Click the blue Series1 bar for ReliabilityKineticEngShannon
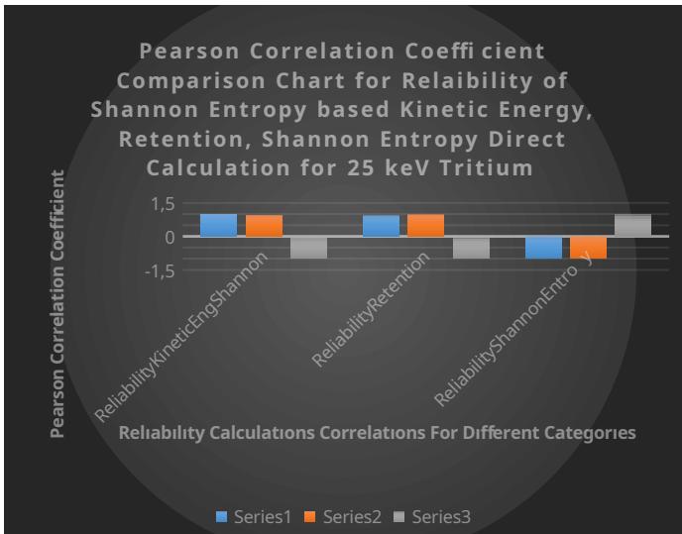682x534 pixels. tap(218, 225)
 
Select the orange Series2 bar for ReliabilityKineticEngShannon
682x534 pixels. tap(264, 225)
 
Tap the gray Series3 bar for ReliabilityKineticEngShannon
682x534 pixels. tap(308, 248)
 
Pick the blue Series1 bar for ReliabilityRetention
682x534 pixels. tap(381, 225)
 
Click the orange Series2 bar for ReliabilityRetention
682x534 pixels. tap(425, 225)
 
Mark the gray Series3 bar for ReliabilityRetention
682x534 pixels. tap(471, 248)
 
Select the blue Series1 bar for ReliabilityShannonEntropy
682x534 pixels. tap(543, 248)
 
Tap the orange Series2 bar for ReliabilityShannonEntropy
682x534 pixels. tap(588, 248)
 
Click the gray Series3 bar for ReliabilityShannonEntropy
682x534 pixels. tap(632, 225)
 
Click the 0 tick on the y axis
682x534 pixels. tap(170, 237)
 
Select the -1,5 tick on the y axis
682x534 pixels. tap(161, 270)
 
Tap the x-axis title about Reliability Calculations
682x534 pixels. tap(377, 433)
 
